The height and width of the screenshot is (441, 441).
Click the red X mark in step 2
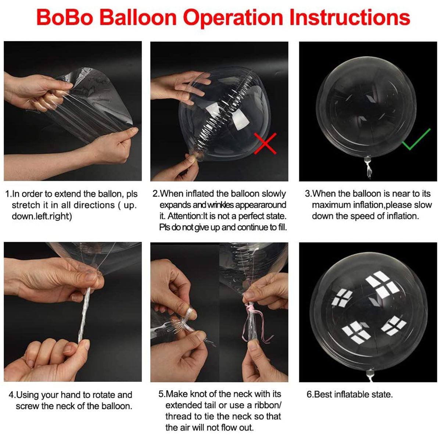click(265, 144)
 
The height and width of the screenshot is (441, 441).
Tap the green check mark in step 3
click(416, 140)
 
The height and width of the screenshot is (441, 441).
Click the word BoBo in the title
click(64, 17)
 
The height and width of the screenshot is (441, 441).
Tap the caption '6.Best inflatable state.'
click(349, 394)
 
